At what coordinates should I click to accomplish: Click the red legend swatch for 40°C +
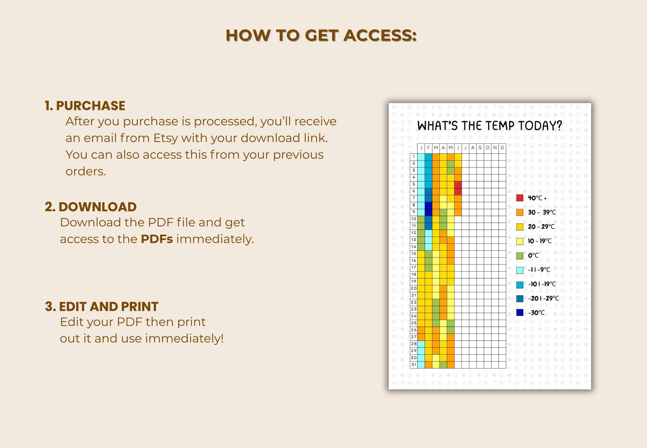pyautogui.click(x=520, y=198)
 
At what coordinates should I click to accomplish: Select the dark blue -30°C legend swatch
pyautogui.click(x=520, y=312)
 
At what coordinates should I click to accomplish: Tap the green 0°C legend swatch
pyautogui.click(x=520, y=256)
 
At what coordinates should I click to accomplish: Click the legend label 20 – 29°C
pyautogui.click(x=541, y=227)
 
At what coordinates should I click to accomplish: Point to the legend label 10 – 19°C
pyautogui.click(x=540, y=241)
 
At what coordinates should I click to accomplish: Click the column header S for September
pyautogui.click(x=480, y=148)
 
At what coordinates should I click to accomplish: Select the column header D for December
pyautogui.click(x=502, y=148)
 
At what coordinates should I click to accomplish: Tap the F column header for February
pyautogui.click(x=428, y=148)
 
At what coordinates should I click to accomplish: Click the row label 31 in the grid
pyautogui.click(x=414, y=364)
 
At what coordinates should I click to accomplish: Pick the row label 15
pyautogui.click(x=414, y=254)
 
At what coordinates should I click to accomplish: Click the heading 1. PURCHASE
pyautogui.click(x=85, y=106)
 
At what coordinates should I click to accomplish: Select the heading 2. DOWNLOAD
pyautogui.click(x=91, y=207)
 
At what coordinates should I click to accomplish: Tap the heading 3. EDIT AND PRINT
pyautogui.click(x=102, y=306)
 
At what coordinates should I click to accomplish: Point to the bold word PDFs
pyautogui.click(x=157, y=239)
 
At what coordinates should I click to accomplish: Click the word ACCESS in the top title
pyautogui.click(x=380, y=35)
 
